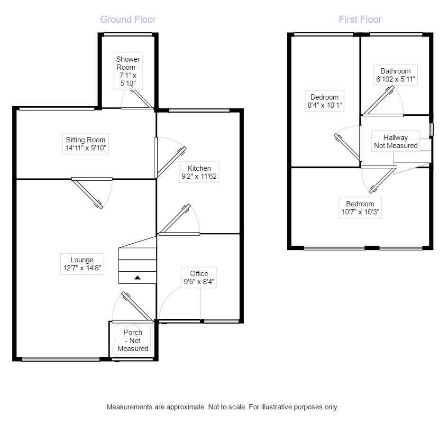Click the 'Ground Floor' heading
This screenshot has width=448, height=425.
click(128, 19)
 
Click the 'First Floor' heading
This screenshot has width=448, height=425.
click(360, 19)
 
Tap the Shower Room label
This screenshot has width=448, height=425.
click(128, 72)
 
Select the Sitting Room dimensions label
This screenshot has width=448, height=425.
click(86, 144)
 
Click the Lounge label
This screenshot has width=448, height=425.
click(82, 264)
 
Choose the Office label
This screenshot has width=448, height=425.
click(199, 277)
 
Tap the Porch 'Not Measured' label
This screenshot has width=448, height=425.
click(133, 341)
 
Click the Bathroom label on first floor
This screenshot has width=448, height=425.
click(395, 75)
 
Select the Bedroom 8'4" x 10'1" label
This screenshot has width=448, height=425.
click(324, 102)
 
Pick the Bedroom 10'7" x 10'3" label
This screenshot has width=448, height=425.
click(359, 208)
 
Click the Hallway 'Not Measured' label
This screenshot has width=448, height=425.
click(395, 142)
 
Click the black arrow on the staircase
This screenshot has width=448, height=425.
click(137, 277)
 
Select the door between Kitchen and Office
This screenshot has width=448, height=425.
click(177, 220)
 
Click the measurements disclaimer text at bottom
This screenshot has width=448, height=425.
click(223, 407)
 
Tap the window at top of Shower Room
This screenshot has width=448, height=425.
click(128, 34)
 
